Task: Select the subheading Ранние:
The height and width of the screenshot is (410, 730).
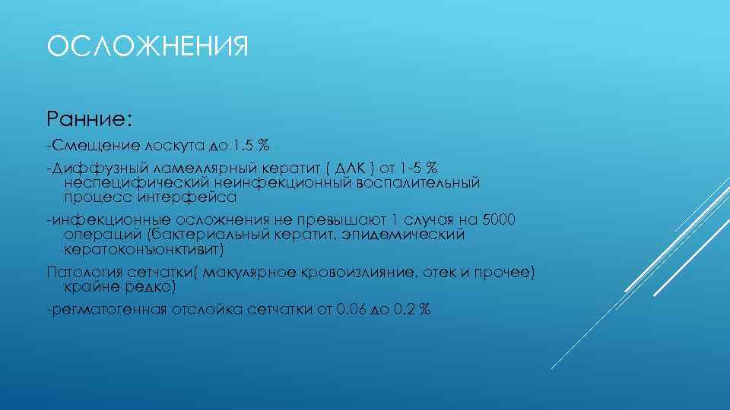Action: coord(90,118)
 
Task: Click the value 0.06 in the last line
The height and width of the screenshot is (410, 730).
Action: coord(351,310)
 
